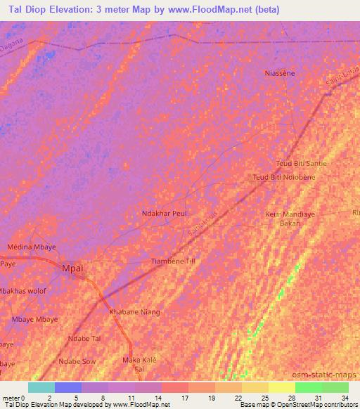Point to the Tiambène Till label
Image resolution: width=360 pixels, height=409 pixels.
(x=173, y=261)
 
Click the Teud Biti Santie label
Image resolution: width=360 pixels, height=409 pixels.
(x=302, y=163)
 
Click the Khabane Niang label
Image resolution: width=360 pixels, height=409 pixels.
(x=134, y=312)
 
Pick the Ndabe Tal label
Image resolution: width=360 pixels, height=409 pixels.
(x=84, y=339)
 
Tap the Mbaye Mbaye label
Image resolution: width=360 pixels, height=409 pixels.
(x=35, y=319)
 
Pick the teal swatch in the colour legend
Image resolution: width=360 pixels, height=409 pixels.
(x=41, y=387)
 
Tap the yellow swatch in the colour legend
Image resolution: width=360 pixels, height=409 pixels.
(x=281, y=387)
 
